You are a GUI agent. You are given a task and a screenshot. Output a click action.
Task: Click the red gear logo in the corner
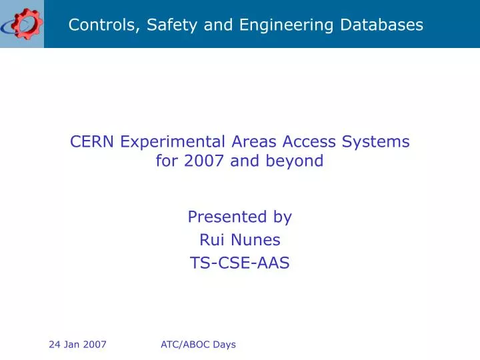click(x=22, y=24)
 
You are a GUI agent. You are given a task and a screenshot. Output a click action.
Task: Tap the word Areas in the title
click(x=255, y=141)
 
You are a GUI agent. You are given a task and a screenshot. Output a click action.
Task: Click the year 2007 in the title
click(x=205, y=161)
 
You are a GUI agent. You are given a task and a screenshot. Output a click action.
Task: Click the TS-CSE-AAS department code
click(x=240, y=263)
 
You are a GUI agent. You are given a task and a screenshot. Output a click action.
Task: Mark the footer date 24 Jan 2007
click(x=78, y=345)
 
